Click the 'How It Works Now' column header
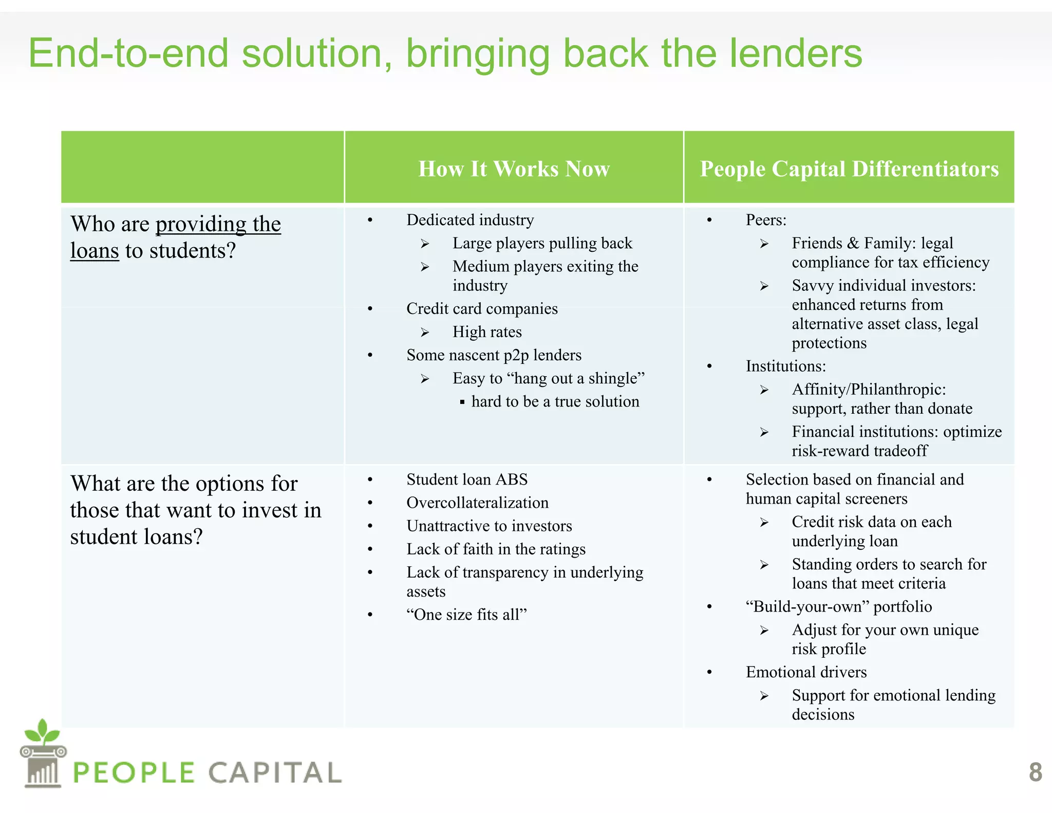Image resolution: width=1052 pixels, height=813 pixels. click(514, 169)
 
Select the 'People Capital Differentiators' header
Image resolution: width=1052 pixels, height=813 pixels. click(849, 169)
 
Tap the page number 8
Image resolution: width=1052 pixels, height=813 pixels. click(1035, 772)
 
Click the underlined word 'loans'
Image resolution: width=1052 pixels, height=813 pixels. click(95, 251)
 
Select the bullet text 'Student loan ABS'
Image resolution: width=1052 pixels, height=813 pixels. click(467, 479)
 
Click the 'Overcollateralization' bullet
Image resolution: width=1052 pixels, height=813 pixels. click(477, 503)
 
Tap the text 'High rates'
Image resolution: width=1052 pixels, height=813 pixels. click(487, 332)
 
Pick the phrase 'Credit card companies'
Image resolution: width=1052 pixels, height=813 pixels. click(482, 309)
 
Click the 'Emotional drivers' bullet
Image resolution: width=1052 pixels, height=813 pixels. click(806, 672)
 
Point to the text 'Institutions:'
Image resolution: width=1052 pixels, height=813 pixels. click(786, 366)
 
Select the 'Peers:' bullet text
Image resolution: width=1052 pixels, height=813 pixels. click(766, 220)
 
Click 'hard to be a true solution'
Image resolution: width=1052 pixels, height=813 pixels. click(555, 401)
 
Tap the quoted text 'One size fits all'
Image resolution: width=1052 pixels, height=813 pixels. click(467, 615)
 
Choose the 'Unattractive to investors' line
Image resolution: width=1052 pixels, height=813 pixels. click(489, 526)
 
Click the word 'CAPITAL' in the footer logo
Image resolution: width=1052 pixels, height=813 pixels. click(275, 772)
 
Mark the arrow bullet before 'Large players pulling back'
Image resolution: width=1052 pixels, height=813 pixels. click(425, 244)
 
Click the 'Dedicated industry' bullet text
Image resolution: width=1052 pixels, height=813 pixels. click(470, 220)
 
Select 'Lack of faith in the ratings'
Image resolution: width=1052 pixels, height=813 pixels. click(496, 549)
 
